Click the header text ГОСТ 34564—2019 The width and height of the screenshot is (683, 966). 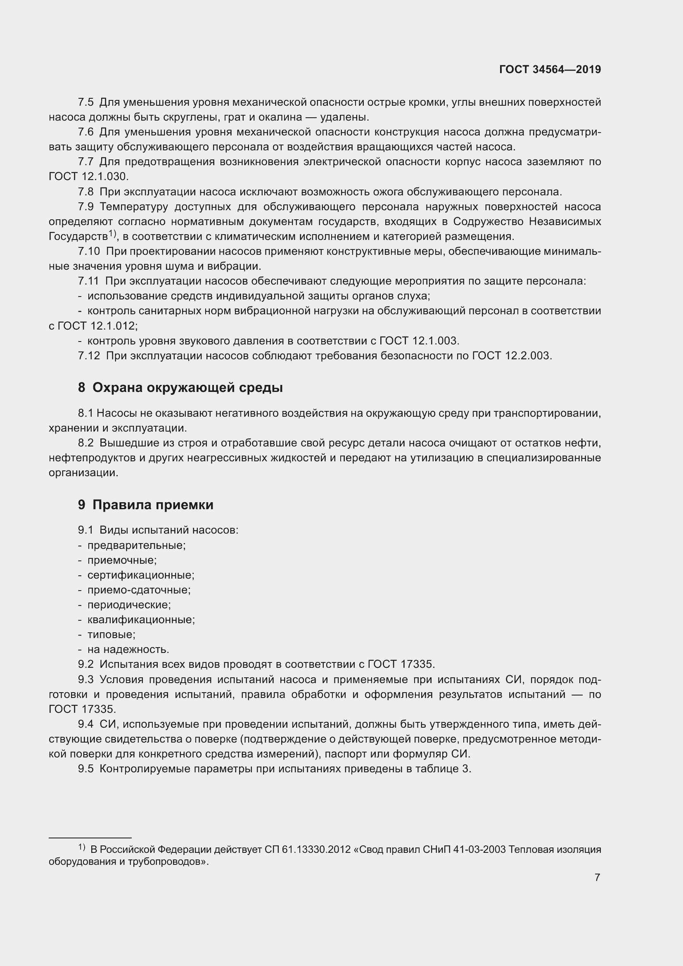pyautogui.click(x=550, y=70)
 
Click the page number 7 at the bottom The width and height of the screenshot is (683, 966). pyautogui.click(x=597, y=877)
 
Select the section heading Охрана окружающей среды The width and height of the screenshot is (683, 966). pyautogui.click(x=187, y=387)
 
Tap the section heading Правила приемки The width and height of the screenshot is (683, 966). pyautogui.click(x=153, y=504)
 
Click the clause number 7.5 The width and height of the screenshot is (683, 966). pyautogui.click(x=86, y=102)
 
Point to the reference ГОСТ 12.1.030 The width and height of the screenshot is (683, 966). pyautogui.click(x=88, y=177)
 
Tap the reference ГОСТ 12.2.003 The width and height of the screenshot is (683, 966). pyautogui.click(x=511, y=356)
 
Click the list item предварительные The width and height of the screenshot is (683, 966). pyautogui.click(x=136, y=545)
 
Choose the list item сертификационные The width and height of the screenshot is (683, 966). pyautogui.click(x=140, y=575)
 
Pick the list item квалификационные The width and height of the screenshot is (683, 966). pyautogui.click(x=141, y=619)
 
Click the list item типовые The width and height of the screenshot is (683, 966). pyautogui.click(x=111, y=634)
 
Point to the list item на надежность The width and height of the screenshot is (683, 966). pyautogui.click(x=128, y=649)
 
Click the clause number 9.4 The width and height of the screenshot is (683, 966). pyautogui.click(x=86, y=724)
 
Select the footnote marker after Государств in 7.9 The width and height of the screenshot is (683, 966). pyautogui.click(x=112, y=233)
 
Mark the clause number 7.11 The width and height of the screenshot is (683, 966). pyautogui.click(x=88, y=281)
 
